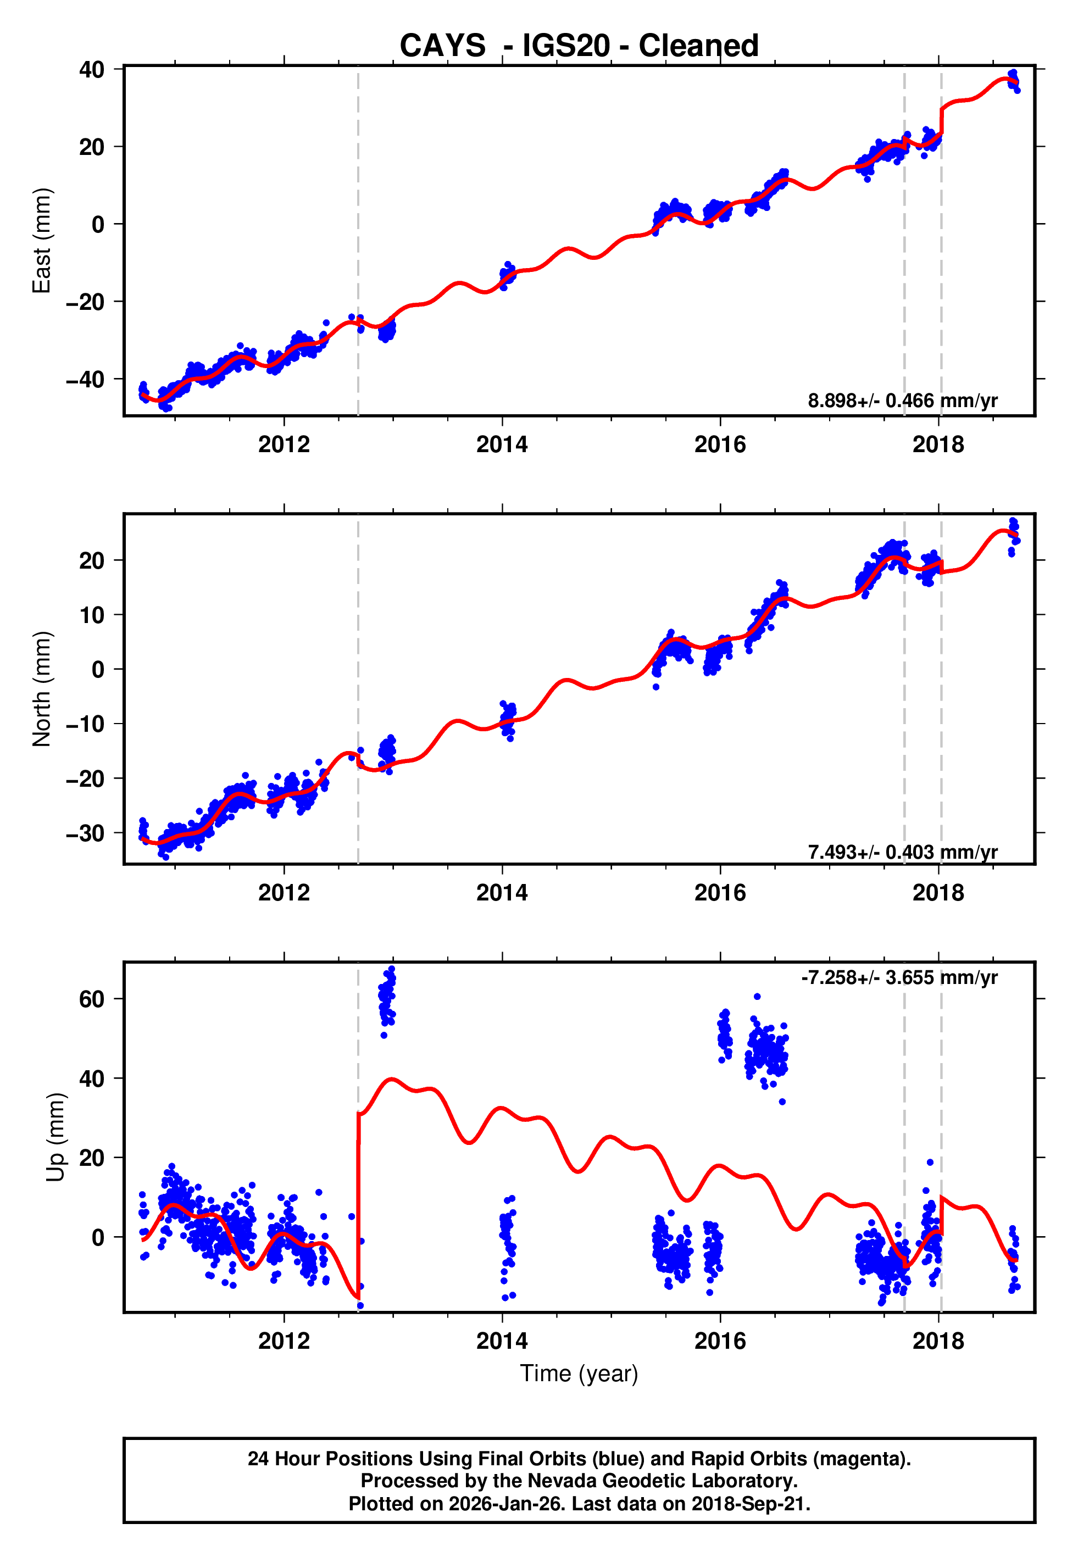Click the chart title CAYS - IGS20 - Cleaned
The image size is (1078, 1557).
(579, 46)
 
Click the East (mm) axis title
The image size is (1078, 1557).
(42, 241)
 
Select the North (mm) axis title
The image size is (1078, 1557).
(42, 689)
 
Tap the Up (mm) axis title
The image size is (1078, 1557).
(55, 1137)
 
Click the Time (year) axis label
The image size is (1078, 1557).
(579, 1374)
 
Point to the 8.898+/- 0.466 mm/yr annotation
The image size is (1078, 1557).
(902, 401)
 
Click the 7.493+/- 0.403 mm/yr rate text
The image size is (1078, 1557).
(902, 852)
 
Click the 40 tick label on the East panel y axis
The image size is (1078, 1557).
(91, 70)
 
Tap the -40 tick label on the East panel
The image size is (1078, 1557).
(85, 380)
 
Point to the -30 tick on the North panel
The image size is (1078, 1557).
(85, 833)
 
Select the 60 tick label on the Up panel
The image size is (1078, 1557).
(91, 999)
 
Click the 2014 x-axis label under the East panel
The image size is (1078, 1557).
(502, 445)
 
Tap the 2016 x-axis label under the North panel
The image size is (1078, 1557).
(720, 893)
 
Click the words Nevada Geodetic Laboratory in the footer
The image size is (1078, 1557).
(662, 1481)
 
